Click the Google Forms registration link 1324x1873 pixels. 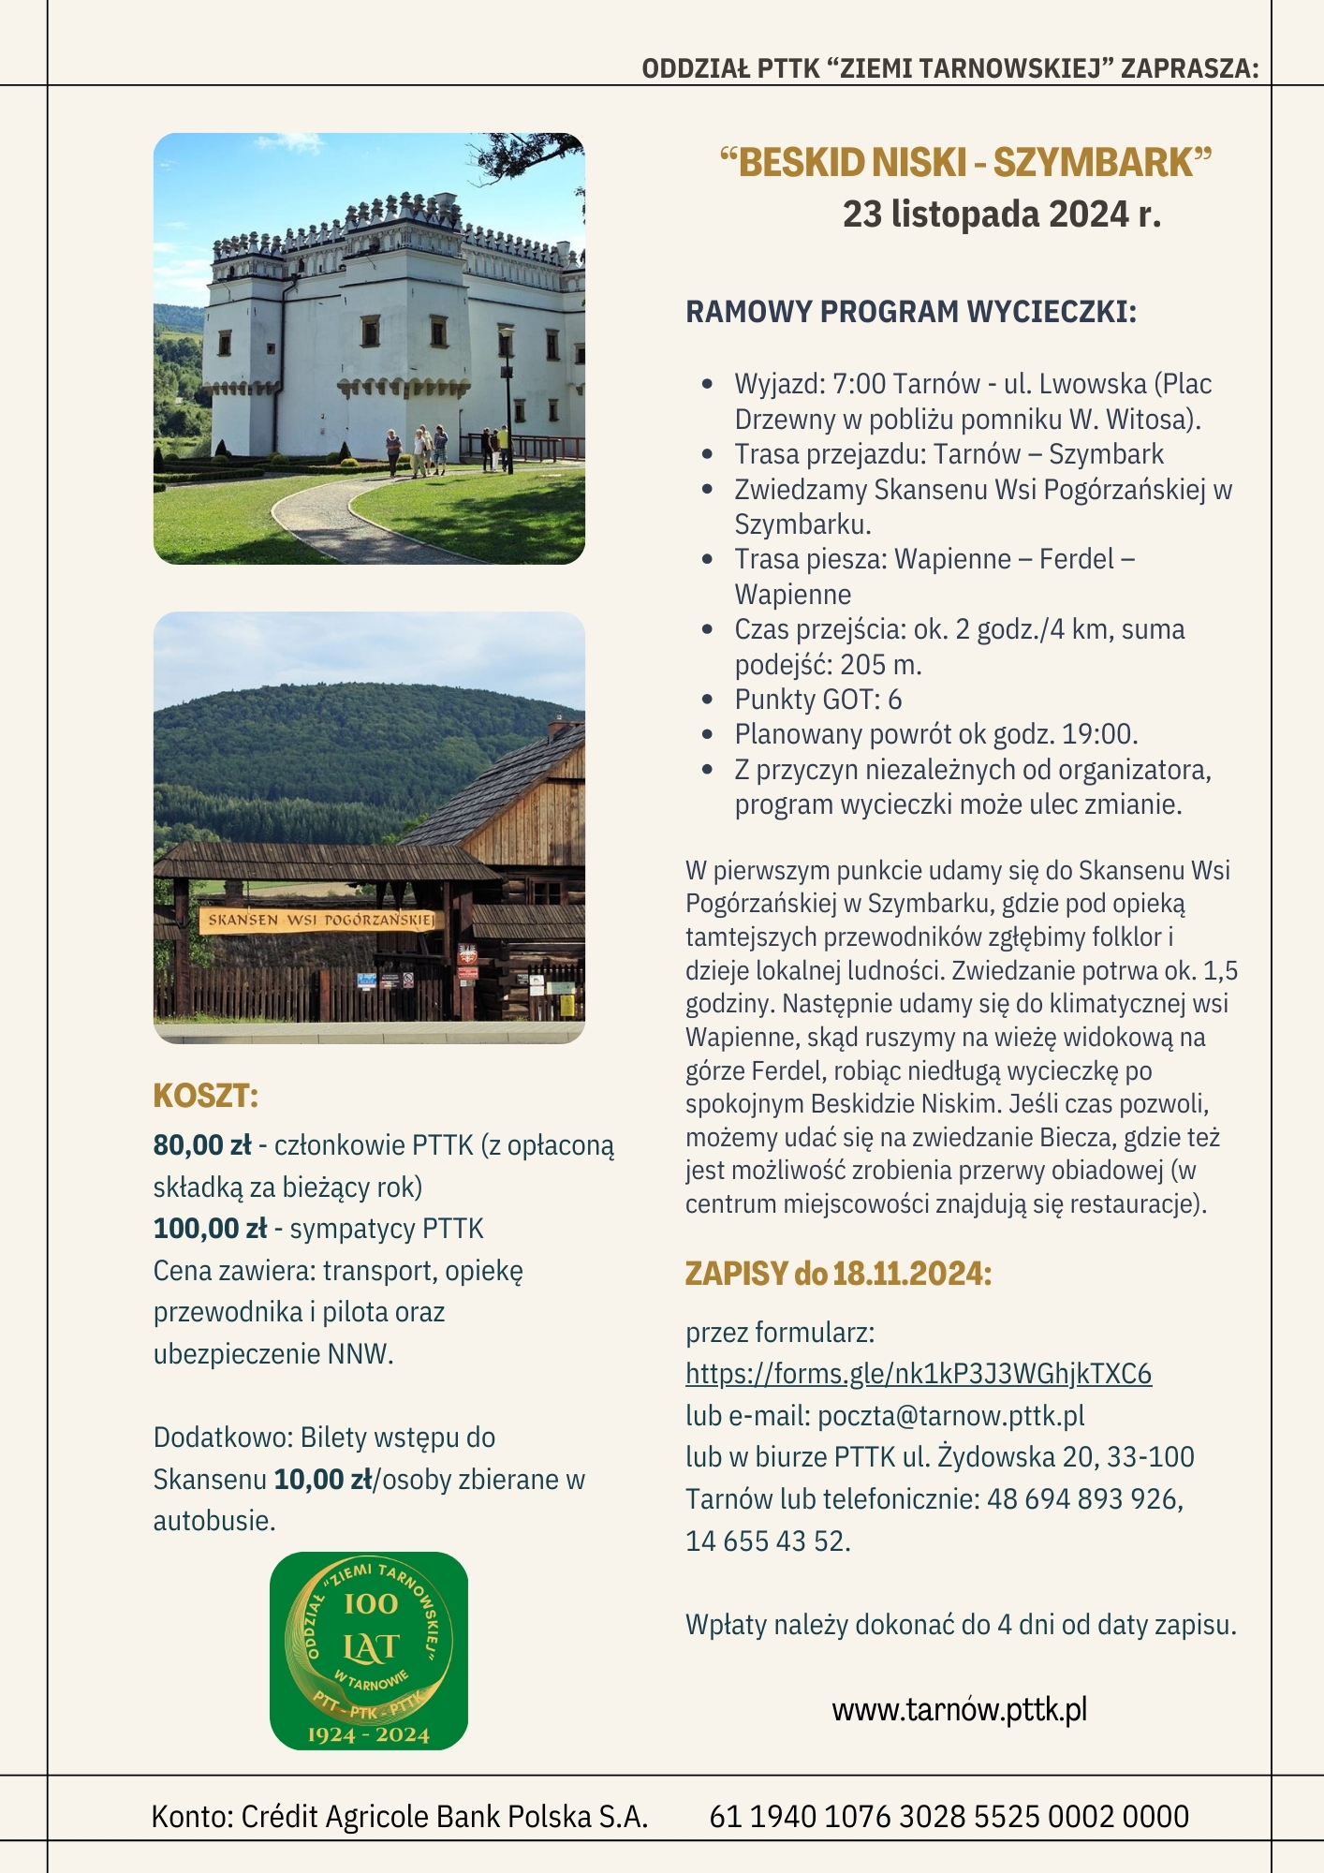(918, 1374)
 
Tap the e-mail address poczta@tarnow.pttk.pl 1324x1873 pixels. (950, 1416)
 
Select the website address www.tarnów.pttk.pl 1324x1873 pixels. (959, 1710)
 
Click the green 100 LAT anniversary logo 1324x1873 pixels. (369, 1651)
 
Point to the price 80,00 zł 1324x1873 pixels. (202, 1145)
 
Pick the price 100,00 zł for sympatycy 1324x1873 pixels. (210, 1229)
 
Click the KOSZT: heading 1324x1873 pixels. (205, 1096)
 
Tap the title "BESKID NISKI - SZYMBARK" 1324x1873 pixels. (965, 163)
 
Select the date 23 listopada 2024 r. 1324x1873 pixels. (1001, 214)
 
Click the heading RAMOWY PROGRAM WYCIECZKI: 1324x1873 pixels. (910, 312)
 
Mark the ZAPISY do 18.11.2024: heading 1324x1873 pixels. (838, 1274)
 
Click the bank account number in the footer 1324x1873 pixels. (949, 1817)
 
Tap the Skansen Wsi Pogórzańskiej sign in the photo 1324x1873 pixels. (318, 920)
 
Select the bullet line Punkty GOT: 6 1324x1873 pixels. (817, 700)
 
